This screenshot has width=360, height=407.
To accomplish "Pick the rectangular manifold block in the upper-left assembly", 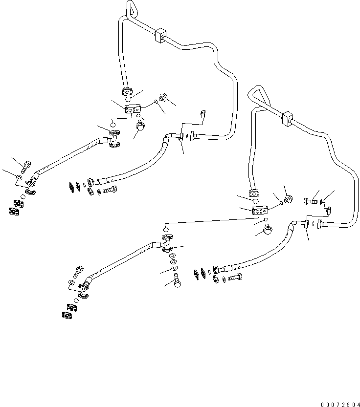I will tap(133, 110).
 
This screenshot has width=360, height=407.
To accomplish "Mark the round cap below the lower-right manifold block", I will tap(268, 229).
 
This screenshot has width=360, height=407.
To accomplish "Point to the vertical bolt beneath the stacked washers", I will tap(177, 281).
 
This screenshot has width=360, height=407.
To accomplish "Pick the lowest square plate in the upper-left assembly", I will tap(14, 211).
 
